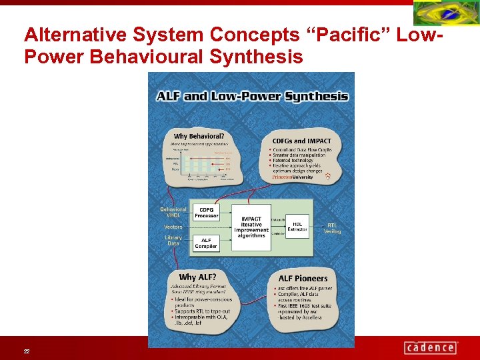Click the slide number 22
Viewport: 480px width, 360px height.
(26, 351)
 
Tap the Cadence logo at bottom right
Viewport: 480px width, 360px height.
(431, 347)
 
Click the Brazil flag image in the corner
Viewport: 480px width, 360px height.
(445, 13)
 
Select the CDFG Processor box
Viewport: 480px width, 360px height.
(206, 212)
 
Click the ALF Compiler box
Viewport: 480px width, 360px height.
(206, 243)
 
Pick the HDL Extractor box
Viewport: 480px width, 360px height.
(297, 227)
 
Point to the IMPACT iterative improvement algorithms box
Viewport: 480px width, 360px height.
(251, 227)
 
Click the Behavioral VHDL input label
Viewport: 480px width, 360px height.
(173, 212)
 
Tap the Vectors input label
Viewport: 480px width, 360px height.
(173, 227)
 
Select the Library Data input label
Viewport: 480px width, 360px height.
(173, 240)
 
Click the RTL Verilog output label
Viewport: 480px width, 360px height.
(332, 228)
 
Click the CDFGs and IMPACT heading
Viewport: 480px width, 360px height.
(301, 141)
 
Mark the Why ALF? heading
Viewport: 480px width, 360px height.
(197, 277)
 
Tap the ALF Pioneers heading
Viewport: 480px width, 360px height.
(303, 278)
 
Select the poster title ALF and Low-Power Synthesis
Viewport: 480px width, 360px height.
(252, 96)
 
